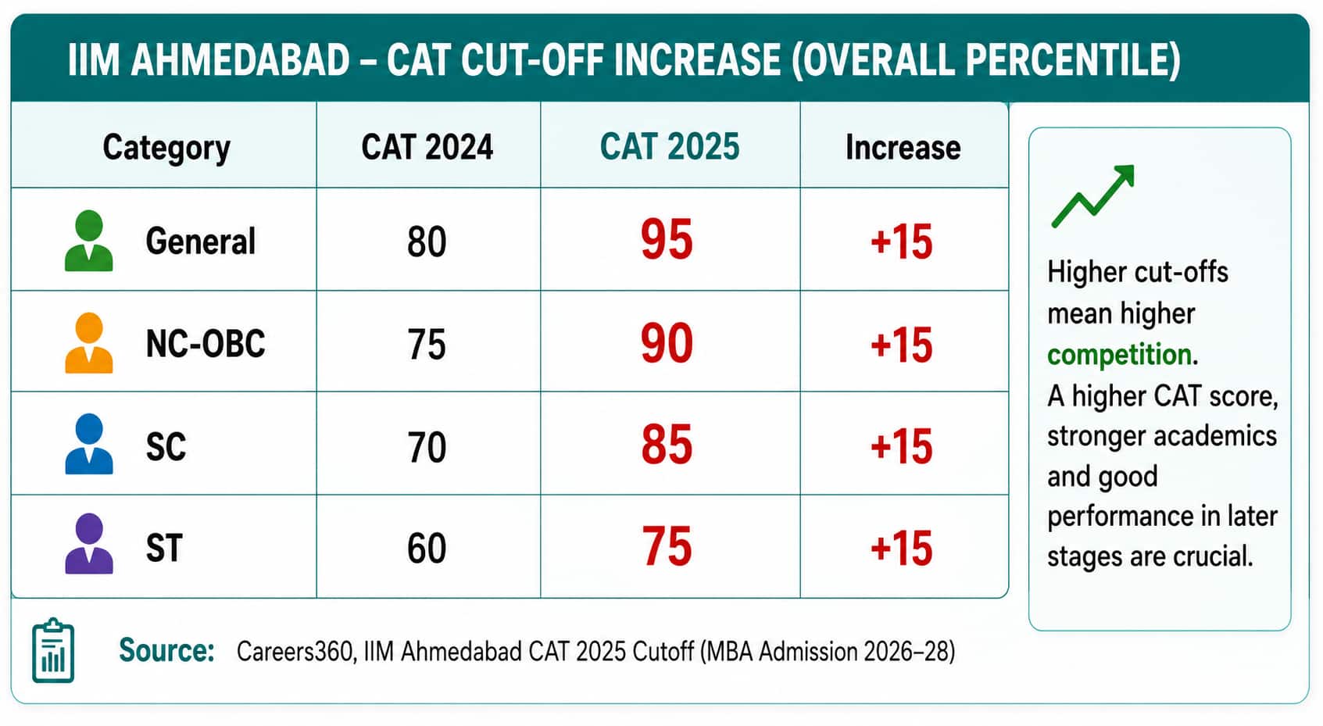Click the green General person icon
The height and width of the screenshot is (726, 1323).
(x=88, y=241)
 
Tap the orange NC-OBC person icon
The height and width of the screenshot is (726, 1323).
(x=88, y=342)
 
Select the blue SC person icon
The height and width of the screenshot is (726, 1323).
(x=88, y=444)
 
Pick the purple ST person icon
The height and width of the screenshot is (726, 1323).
(x=88, y=544)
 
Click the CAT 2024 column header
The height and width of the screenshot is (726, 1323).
(x=427, y=147)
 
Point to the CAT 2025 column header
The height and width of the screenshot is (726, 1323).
(x=670, y=146)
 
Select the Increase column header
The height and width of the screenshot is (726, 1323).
(x=903, y=147)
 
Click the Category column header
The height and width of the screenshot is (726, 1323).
(x=166, y=148)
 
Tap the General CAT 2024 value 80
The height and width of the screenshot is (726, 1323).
(x=427, y=241)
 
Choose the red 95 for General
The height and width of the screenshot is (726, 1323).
(x=667, y=239)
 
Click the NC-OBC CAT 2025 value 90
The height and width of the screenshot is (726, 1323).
(x=667, y=342)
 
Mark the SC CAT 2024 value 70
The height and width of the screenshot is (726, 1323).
(x=427, y=447)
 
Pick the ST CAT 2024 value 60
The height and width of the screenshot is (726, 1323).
(x=427, y=548)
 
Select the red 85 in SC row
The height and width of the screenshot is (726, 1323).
(x=667, y=444)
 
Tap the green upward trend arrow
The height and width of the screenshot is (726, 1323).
(x=1092, y=196)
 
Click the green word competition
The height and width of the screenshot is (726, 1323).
(x=1119, y=355)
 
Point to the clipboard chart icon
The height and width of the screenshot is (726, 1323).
(x=53, y=650)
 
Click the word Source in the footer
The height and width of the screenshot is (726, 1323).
(x=166, y=650)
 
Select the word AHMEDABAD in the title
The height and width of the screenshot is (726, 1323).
(x=240, y=60)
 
